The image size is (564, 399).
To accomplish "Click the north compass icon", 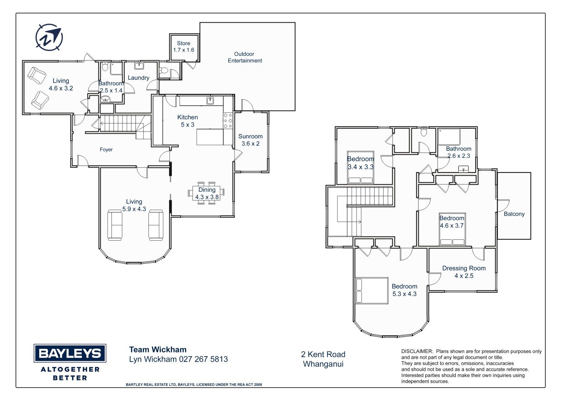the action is [49, 37].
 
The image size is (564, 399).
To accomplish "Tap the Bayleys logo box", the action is [70, 353].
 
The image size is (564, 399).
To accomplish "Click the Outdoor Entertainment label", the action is [245, 57].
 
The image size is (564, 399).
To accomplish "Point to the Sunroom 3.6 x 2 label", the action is [250, 140].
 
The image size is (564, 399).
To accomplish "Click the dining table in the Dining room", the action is [206, 193].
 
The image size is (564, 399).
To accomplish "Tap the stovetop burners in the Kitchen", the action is [228, 121].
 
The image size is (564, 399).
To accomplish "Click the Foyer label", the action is [106, 150].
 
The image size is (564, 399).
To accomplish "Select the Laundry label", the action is [139, 78].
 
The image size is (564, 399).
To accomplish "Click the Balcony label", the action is [514, 214].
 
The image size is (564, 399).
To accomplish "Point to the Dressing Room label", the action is [464, 268].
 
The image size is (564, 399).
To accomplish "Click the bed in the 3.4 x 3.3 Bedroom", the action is [360, 167].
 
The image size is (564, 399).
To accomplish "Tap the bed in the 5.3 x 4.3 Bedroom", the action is [372, 290].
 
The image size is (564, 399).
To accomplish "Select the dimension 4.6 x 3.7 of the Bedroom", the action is [452, 225].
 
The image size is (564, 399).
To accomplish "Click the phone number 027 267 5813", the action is [203, 359].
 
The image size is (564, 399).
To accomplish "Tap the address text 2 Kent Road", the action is [323, 355].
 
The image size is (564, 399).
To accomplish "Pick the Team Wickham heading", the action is [158, 350].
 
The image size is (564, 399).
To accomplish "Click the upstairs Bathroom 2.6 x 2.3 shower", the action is [449, 137].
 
